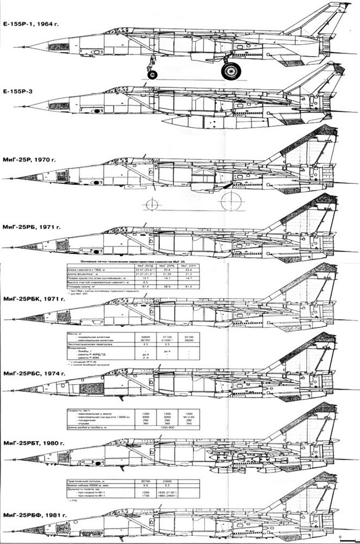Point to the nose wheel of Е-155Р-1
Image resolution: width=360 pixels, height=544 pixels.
click(154, 73)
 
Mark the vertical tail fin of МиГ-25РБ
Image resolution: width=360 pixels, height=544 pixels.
click(307, 212)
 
